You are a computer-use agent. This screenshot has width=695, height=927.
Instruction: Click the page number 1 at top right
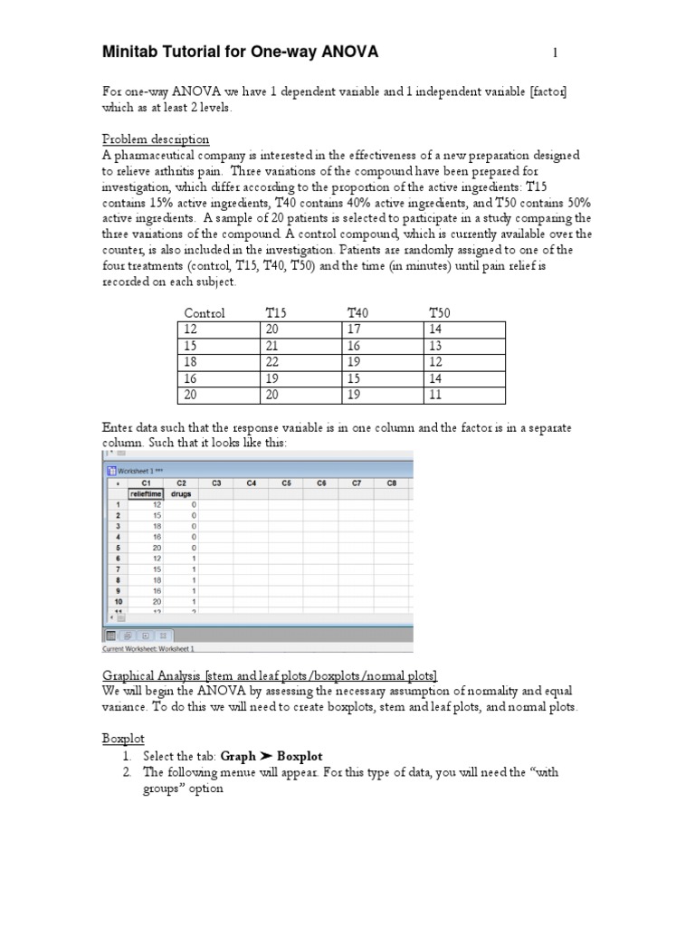(555, 54)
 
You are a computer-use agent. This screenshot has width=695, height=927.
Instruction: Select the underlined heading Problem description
(155, 139)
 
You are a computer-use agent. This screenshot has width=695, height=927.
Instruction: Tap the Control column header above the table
(205, 313)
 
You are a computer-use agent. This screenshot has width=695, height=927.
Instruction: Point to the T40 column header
(359, 313)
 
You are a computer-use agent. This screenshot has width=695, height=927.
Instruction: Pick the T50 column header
(440, 313)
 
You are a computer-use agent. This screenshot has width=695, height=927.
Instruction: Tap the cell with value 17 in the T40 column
(355, 330)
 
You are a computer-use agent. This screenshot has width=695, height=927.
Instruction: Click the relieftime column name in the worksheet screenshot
(146, 494)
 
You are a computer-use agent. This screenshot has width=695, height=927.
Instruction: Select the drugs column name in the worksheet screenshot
(181, 494)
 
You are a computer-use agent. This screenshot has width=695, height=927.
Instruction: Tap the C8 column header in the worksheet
(391, 483)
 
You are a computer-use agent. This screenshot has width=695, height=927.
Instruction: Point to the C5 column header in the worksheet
(286, 483)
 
